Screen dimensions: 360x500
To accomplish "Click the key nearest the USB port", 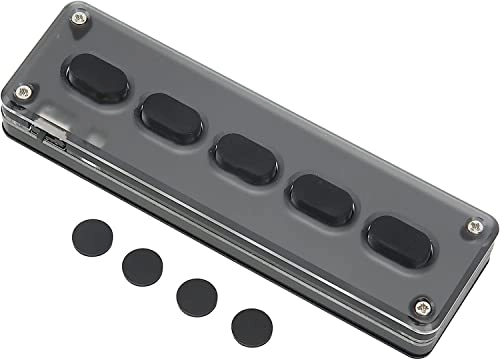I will tap(98, 80).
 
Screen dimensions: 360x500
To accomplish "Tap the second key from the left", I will tap(170, 116).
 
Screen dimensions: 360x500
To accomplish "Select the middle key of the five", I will tap(245, 156).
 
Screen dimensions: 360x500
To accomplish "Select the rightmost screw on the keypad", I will tap(471, 228).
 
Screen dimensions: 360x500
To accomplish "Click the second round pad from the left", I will tap(142, 265).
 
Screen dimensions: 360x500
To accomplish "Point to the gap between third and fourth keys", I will tap(283, 177).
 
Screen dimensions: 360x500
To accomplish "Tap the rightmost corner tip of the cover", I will tap(495, 221).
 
